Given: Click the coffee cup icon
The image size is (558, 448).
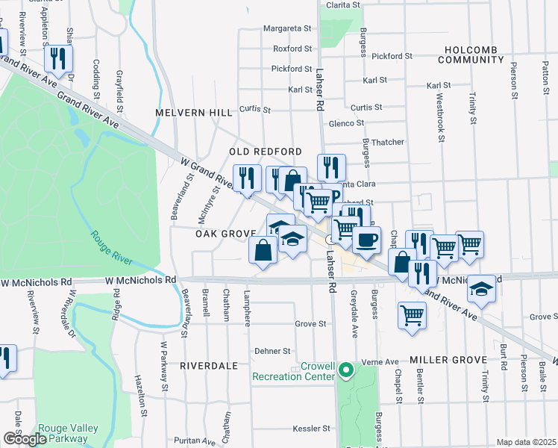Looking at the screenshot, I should pos(366,240).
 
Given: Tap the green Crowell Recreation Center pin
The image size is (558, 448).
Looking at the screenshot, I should pos(345,370).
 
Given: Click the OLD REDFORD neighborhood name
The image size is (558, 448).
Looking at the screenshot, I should pos(266,152).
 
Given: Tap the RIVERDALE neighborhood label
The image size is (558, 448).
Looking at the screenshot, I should pos(208,366).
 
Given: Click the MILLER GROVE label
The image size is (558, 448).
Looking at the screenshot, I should pos(448,360).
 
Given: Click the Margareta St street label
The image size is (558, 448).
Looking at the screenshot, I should pos(287,29).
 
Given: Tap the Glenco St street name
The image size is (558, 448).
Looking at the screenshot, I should pos(346,123).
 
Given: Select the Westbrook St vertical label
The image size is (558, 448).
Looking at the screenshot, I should pos(440,116).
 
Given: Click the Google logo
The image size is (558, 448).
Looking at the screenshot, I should pos(25,439).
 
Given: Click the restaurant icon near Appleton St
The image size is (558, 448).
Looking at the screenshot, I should pos(57,57).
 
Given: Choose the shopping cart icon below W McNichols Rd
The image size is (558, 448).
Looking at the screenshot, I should pos(412,314).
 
